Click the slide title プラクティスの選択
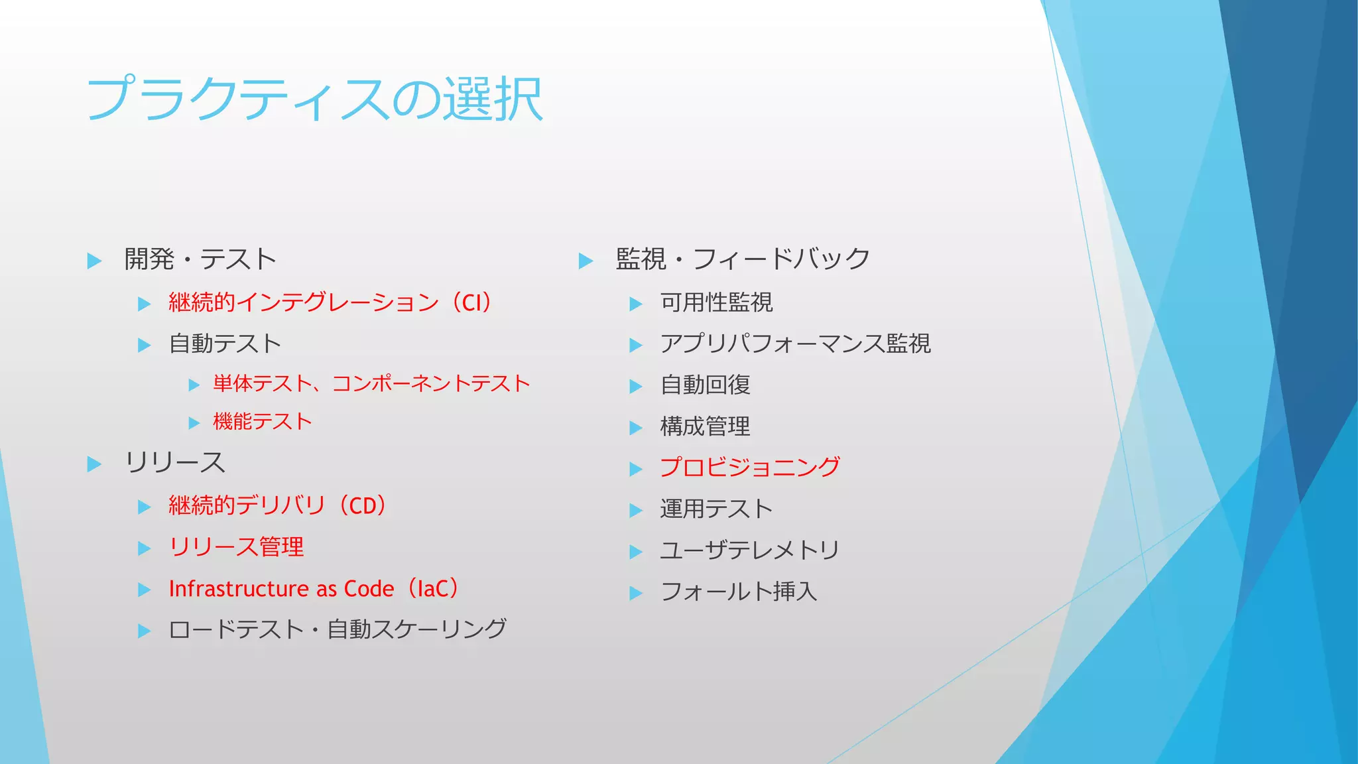click(315, 99)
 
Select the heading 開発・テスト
click(200, 259)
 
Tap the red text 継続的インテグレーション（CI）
click(330, 302)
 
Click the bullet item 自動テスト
click(225, 344)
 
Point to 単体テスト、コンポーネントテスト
click(371, 383)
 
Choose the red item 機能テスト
click(263, 422)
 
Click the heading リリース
click(175, 463)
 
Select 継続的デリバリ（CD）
click(278, 506)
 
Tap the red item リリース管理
click(236, 547)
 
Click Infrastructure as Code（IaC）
click(314, 589)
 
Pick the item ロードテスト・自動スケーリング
click(338, 629)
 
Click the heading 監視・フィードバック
click(743, 259)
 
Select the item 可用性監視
click(716, 302)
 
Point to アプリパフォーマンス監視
click(795, 344)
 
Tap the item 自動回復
click(705, 385)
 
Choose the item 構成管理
click(705, 426)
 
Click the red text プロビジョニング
click(750, 468)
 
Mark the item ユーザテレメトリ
click(750, 550)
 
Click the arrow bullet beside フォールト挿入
click(636, 593)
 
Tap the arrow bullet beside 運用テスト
click(636, 511)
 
